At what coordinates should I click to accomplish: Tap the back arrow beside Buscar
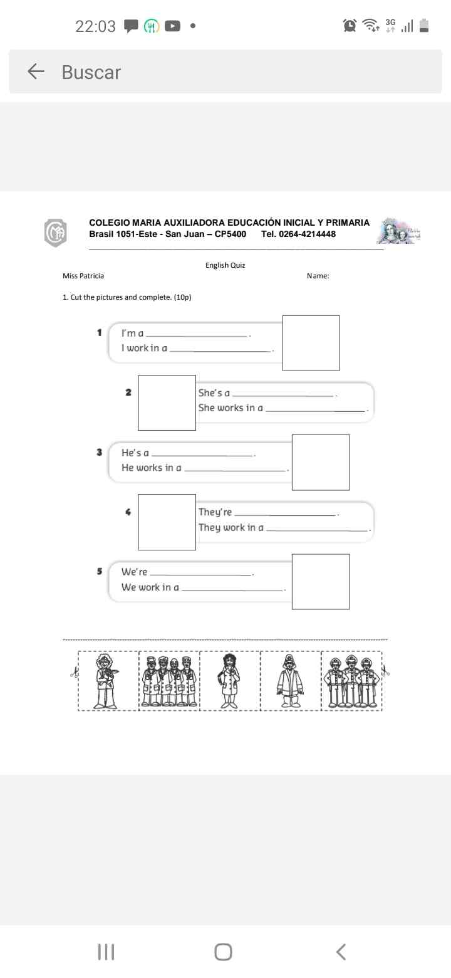coord(36,72)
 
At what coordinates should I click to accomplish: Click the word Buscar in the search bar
coord(91,72)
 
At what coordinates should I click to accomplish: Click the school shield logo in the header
coord(55,233)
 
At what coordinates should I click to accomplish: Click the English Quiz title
coord(225,265)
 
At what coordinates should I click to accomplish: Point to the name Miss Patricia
coord(83,276)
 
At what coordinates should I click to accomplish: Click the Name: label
coord(318,276)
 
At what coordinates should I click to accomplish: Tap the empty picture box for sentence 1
coord(311,343)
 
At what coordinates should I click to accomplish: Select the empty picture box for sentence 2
coord(167,402)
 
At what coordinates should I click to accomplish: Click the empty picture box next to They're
coord(167,522)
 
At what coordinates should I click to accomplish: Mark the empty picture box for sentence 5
coord(320,581)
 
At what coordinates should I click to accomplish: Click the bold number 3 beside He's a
coord(99,452)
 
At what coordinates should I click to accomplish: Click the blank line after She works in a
coord(316,411)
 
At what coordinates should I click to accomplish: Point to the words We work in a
coord(150,587)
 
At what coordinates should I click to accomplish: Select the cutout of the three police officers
coord(351,681)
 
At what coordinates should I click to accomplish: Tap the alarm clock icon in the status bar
coord(350,26)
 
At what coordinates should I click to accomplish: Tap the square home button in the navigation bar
coord(223,952)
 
